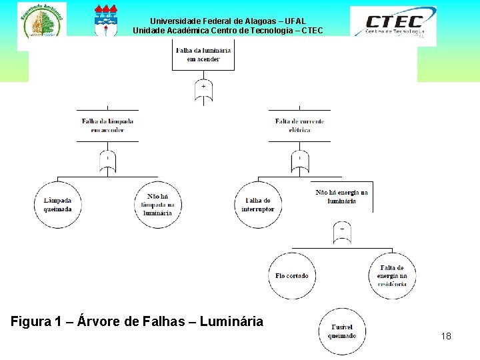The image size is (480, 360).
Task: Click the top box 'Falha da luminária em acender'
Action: (x=203, y=55)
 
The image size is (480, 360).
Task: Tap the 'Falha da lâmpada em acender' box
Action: (x=107, y=125)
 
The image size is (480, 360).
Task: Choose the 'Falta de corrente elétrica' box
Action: (x=299, y=125)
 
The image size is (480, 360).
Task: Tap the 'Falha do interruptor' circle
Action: (x=257, y=205)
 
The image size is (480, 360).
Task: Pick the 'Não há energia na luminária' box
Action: (x=341, y=197)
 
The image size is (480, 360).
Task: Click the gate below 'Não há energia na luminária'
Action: (x=341, y=232)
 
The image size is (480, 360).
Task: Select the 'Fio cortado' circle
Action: (x=292, y=275)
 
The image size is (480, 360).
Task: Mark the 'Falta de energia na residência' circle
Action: (x=391, y=275)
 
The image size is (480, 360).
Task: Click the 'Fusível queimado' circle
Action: (x=342, y=331)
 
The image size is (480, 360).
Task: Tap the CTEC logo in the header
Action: (x=393, y=25)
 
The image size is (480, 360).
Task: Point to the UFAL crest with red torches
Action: (x=106, y=20)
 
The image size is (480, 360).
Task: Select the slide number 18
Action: (x=446, y=336)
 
